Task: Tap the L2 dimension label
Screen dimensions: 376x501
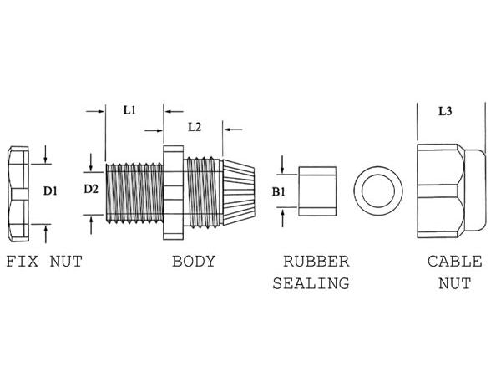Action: (x=194, y=127)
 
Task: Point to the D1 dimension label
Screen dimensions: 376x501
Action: (x=50, y=191)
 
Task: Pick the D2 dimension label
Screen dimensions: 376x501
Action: (x=92, y=189)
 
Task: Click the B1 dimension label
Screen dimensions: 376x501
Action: (x=280, y=191)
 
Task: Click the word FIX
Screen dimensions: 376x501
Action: (x=23, y=262)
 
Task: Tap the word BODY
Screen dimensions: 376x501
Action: (x=194, y=262)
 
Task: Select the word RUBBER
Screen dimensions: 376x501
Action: (x=315, y=262)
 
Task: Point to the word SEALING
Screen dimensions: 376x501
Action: (x=310, y=283)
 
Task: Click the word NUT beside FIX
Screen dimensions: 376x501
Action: (x=65, y=262)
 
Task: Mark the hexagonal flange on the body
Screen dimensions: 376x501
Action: (x=173, y=190)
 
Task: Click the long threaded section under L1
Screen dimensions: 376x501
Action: (x=134, y=190)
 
